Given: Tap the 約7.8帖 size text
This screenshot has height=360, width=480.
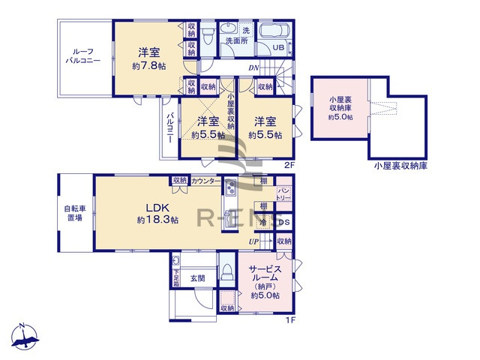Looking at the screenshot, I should tap(148, 67).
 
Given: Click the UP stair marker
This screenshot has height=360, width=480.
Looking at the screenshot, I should tap(254, 241).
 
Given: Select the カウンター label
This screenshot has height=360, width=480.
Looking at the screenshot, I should tap(205, 181).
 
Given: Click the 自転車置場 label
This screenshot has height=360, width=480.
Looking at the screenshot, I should tap(73, 212).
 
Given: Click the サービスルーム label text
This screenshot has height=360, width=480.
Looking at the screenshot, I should tap(265, 274).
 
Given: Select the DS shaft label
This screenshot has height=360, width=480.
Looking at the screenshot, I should tap(284, 223).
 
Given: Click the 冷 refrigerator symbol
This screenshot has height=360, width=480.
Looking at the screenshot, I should tap(264, 223).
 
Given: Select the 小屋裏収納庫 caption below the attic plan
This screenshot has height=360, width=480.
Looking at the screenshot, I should tap(397, 166).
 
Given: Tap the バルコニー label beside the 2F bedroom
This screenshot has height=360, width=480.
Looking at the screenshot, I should tap(170, 129).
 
